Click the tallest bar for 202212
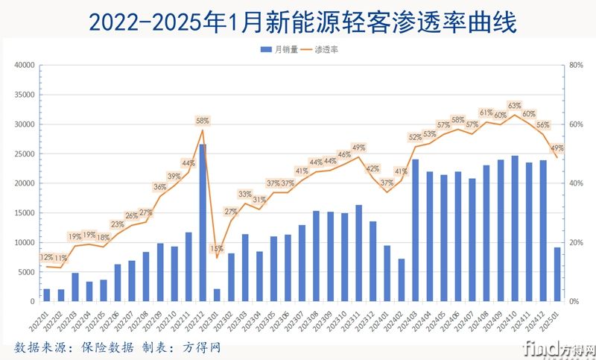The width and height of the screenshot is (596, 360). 203,224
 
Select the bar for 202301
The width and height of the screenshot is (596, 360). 217,295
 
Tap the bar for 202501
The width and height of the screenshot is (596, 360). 557,274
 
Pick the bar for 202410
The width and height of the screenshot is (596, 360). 515,229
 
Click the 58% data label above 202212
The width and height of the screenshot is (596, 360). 203,120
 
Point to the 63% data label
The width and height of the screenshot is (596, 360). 515,106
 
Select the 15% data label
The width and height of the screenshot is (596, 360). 217,248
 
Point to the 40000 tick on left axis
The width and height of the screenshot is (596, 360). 25,65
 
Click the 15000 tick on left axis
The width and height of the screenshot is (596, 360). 25,213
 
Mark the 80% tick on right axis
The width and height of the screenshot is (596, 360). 575,65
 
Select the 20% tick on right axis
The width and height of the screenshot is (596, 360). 575,243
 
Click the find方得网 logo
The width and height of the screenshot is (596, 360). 559,349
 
